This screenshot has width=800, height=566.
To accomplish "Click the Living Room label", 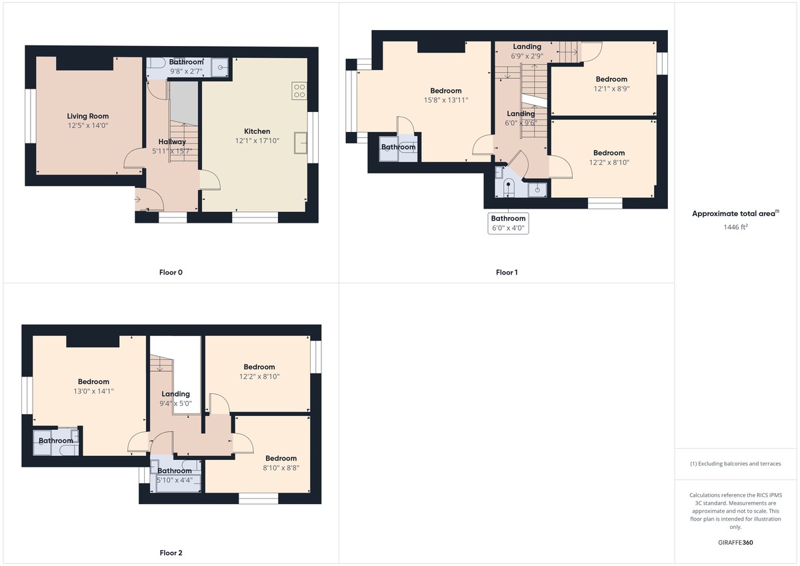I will pos(87,116).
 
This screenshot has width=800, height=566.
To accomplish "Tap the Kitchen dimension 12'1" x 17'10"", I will pos(257,141).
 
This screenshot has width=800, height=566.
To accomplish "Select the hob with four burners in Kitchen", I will pos(299,91).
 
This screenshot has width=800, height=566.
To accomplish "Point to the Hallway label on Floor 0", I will pos(172,141).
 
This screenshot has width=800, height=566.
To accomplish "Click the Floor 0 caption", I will pos(171,272).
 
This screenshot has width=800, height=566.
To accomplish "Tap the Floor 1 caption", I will pos(507,272).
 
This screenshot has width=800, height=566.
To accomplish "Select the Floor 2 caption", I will pos(171,553).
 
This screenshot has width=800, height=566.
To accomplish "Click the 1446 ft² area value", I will pos(735,227).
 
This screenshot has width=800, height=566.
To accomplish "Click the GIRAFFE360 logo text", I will pos(735,543).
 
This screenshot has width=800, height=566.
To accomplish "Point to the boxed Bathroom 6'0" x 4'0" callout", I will pos(508,223).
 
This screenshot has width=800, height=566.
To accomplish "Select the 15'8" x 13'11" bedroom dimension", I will pos(445,100).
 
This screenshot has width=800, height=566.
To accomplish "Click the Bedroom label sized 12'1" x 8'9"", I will pos(611,79).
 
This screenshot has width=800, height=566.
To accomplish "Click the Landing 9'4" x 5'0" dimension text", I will pos(176,403).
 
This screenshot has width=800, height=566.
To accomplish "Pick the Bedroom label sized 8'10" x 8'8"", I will pos(281,458).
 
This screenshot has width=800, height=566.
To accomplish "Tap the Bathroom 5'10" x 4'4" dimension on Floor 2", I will pos(174,479).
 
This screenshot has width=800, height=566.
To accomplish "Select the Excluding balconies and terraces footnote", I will pos(735,463).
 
